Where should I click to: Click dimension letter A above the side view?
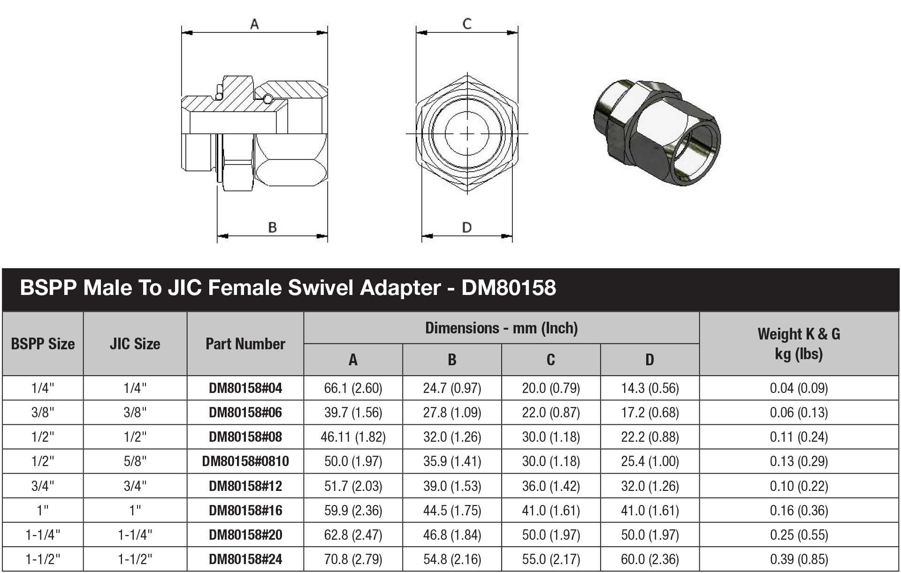tap(254, 23)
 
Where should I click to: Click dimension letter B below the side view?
tap(272, 227)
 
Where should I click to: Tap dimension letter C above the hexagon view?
tap(467, 24)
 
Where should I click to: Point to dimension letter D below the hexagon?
tap(466, 227)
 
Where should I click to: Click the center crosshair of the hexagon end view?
tap(467, 134)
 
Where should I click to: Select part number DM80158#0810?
tap(245, 461)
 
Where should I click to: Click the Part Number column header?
tap(245, 344)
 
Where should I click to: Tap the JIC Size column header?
tap(135, 344)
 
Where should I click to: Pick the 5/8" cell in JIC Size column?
tap(135, 461)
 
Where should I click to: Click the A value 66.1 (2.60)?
tap(353, 388)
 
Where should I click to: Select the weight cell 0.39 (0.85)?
tap(799, 559)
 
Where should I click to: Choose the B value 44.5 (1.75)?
tap(452, 510)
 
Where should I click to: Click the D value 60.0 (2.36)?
tap(650, 559)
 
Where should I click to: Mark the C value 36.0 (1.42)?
tap(551, 486)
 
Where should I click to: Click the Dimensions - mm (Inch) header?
tap(501, 328)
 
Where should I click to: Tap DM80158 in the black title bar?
tap(509, 287)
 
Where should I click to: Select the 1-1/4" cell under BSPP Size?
tap(43, 535)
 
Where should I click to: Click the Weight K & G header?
tap(799, 343)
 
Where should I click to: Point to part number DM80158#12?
tap(245, 486)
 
